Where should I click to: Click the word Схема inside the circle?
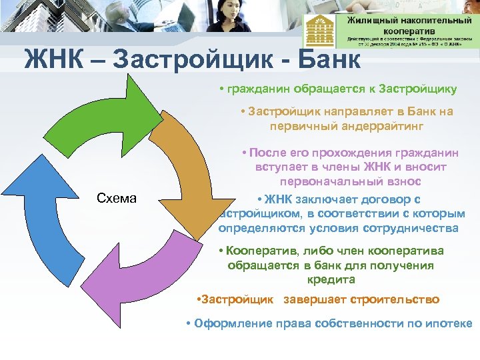(x=117, y=198)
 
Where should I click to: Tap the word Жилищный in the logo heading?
(x=371, y=20)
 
